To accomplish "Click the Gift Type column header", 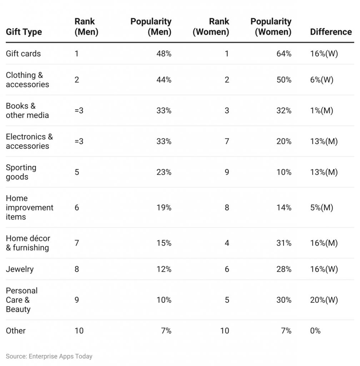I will (24, 32).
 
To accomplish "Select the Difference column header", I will (331, 32).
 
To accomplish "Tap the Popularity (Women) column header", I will (271, 26).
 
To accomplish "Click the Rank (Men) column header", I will (86, 26).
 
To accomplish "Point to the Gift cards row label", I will (23, 54).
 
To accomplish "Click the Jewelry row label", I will (20, 269).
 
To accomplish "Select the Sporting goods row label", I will (21, 172).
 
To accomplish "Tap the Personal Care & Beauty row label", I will (21, 300).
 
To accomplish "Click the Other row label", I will (16, 331).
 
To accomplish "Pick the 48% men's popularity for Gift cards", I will (164, 54).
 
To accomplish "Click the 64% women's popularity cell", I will (284, 54).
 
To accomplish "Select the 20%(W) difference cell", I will (324, 300).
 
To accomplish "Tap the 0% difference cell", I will (315, 331).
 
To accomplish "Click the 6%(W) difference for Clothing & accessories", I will (321, 80).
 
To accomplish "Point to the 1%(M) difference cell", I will (321, 110).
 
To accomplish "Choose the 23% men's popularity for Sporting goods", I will (164, 172).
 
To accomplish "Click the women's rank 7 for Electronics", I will (226, 141).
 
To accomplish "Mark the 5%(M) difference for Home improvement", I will (321, 208).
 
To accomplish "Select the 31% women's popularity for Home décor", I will (284, 243).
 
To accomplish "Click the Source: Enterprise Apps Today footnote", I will (49, 356).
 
